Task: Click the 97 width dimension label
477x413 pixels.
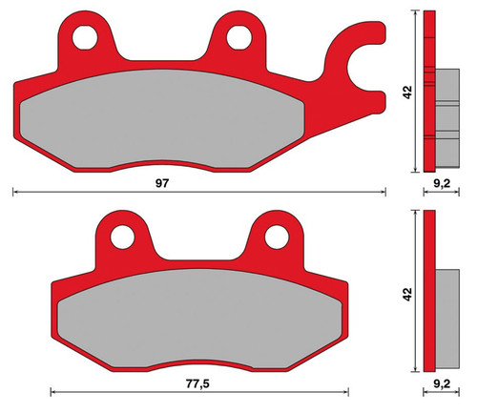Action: [161, 183]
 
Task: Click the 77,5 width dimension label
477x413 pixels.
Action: [197, 384]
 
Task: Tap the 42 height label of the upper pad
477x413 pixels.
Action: [407, 93]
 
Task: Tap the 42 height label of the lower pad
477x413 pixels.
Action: [407, 294]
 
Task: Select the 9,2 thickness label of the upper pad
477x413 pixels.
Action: [442, 183]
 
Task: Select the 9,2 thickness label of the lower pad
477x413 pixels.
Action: [442, 384]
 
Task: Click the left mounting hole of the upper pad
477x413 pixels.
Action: [85, 38]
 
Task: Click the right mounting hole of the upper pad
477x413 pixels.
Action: [239, 38]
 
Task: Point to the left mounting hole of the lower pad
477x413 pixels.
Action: [122, 237]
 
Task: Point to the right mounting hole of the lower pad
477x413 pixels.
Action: [277, 237]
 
